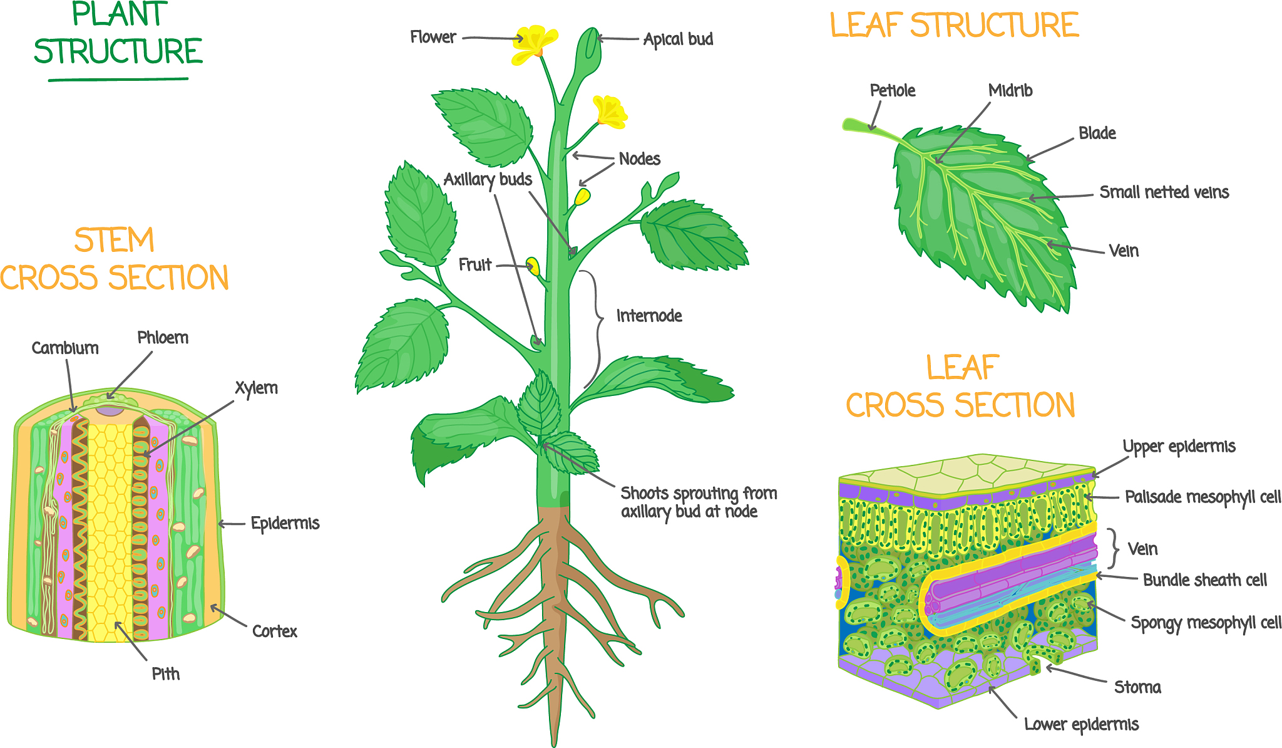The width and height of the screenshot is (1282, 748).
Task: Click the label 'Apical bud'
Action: coord(678,39)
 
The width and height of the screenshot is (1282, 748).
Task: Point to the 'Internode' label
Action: coord(649,316)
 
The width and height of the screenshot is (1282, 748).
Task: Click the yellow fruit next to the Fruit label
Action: coord(533,266)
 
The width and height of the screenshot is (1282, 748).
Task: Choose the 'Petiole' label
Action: coord(893,91)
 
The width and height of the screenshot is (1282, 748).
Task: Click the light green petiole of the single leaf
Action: coord(867,127)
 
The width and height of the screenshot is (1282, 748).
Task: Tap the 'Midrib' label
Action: coord(1010,91)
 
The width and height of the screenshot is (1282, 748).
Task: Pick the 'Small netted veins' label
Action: coord(1164,192)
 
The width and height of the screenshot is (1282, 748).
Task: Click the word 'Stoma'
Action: coord(1137,688)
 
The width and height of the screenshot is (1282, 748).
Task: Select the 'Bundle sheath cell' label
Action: coord(1205,580)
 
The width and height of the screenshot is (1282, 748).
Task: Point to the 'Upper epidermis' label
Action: coord(1179,447)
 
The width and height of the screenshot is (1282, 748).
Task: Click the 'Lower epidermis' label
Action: coord(1081,725)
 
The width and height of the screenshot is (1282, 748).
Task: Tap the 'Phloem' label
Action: coord(163,338)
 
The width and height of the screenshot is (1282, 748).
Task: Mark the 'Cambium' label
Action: coord(65,348)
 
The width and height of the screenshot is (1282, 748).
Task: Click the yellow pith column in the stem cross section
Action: coord(110,532)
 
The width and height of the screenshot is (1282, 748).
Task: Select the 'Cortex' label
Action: coord(275,631)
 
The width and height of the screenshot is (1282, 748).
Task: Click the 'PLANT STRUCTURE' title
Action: coord(118,34)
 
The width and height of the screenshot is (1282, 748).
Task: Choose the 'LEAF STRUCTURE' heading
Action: coord(955,26)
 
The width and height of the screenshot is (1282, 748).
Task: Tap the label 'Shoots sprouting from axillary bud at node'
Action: coord(698,502)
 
